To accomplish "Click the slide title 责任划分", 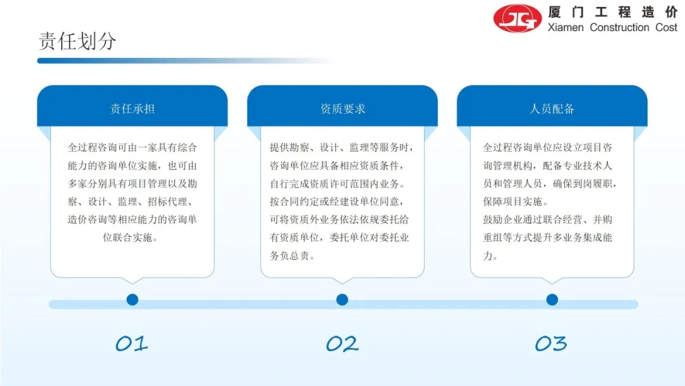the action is coord(77,41).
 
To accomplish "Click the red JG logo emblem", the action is coord(518,18).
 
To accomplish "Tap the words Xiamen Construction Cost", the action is coord(612,27).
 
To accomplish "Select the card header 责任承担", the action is coord(133,109).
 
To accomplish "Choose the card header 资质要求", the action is coord(342,109).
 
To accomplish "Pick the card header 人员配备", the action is coord(552,109).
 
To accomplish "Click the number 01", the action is coord(131,343).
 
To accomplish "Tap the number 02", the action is coord(342,343).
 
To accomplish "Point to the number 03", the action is coord(551,343).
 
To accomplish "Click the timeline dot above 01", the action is coord(133,300).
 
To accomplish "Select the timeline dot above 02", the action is coord(342,300).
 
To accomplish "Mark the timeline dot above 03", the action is coord(552,300).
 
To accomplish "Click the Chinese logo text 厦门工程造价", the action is coord(613,12).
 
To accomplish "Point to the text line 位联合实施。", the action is coord(130,237).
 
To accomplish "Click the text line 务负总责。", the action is coord(292,256).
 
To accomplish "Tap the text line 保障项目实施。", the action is coord(516,201).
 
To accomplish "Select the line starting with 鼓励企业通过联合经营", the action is coord(547,220).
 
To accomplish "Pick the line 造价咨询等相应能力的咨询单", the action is coord(133,220).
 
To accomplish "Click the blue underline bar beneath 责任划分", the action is coord(183,61).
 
